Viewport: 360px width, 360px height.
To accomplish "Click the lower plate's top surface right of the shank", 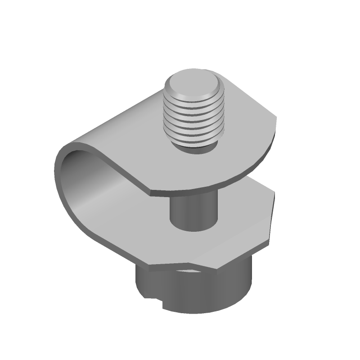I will (x=243, y=216).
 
